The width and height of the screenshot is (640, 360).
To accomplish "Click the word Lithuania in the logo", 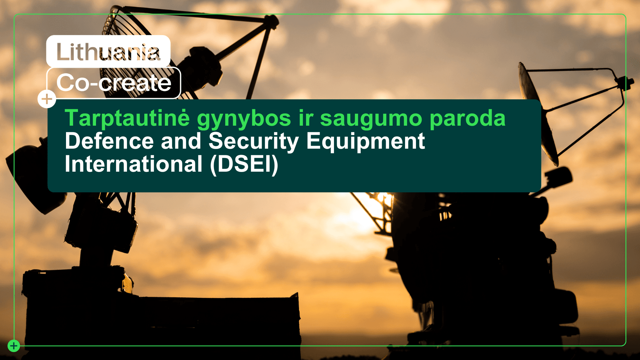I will [x=108, y=52].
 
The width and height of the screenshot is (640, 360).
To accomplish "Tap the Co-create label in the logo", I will [x=114, y=83].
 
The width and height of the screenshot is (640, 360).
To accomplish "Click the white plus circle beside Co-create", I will [x=47, y=99].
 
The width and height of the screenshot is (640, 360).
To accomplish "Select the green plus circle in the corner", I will [x=14, y=346].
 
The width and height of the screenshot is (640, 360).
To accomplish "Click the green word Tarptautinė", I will [x=127, y=118].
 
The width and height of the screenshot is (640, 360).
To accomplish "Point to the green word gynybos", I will [x=244, y=119].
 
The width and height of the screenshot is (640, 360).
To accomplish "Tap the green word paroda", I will [x=467, y=119].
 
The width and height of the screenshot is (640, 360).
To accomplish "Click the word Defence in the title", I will [x=109, y=141].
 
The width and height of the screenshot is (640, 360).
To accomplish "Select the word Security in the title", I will [x=253, y=142].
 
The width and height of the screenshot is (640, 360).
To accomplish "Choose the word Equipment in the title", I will [x=365, y=142].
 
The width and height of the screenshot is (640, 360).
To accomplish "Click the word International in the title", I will [x=133, y=164].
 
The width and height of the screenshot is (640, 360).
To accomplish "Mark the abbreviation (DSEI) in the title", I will [x=244, y=164].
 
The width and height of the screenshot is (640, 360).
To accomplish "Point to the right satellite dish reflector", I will [x=537, y=113].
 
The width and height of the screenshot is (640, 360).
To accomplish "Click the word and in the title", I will [x=181, y=141].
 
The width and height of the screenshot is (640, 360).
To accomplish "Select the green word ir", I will [x=306, y=118].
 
